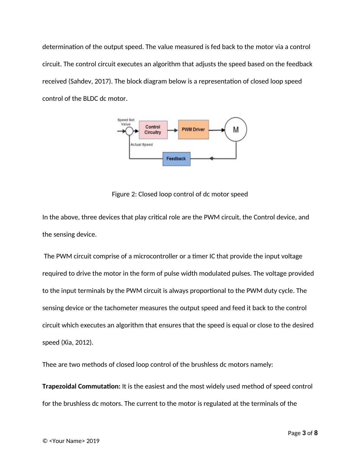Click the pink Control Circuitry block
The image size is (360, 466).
click(x=153, y=130)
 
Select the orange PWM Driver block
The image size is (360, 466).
click(x=193, y=130)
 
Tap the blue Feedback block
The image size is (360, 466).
click(x=176, y=159)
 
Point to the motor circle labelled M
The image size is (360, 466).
click(x=236, y=130)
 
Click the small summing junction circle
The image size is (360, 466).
click(x=129, y=131)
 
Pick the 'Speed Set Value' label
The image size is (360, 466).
click(x=126, y=122)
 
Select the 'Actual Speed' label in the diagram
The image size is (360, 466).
click(x=142, y=145)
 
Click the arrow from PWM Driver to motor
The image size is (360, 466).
click(x=217, y=130)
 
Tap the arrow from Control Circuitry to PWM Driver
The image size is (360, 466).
click(x=173, y=130)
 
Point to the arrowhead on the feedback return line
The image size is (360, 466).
click(x=211, y=159)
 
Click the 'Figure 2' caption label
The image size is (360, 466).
click(x=124, y=194)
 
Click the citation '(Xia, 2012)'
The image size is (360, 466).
click(x=77, y=343)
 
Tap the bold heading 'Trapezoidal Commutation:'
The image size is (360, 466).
click(x=81, y=386)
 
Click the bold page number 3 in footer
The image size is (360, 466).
click(x=304, y=433)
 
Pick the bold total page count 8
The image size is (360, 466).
click(x=316, y=433)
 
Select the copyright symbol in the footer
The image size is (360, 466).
click(x=45, y=441)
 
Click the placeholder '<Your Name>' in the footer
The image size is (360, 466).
click(x=67, y=441)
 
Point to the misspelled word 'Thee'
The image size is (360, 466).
click(x=49, y=365)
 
